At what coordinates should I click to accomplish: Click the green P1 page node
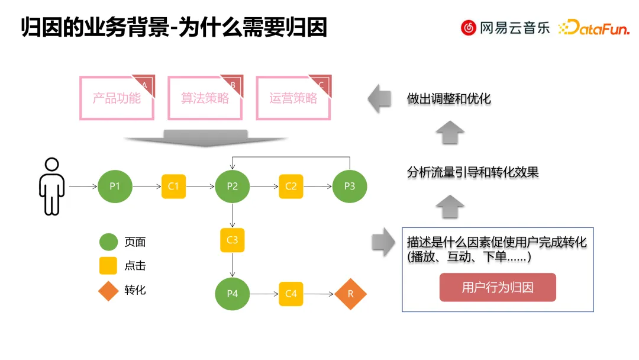pos(115,187)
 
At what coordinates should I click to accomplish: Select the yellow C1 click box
pos(173,187)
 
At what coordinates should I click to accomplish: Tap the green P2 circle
pos(232,187)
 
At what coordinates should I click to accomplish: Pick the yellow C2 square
pos(291,187)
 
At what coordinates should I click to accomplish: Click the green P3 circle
pos(350,187)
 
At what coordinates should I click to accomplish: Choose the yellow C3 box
pos(232,240)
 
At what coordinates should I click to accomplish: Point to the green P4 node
pos(232,294)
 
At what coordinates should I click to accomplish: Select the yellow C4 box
pos(291,294)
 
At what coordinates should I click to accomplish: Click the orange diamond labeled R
pos(350,294)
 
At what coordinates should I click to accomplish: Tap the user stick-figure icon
pos(52,186)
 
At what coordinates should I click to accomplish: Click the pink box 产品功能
pos(117,98)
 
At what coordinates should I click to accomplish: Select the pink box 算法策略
pos(205,98)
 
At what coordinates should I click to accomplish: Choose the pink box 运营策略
pos(293,98)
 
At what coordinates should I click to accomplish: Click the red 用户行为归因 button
pos(498,288)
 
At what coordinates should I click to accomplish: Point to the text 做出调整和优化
pos(448,99)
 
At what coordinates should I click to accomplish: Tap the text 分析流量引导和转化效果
pos(473,173)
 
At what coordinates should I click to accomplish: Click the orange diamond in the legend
pos(108,290)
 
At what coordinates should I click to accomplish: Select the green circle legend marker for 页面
pos(108,242)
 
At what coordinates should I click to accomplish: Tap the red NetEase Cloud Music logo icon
pos(469,27)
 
